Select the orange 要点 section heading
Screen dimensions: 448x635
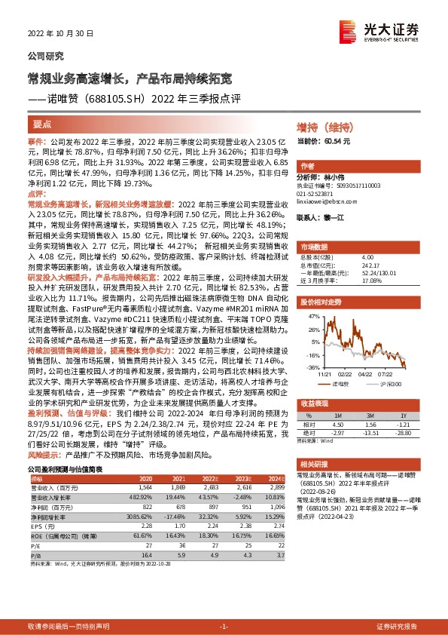pyautogui.click(x=42, y=125)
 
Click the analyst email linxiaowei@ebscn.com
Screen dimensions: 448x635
pyautogui.click(x=327, y=201)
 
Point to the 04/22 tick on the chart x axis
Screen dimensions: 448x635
pyautogui.click(x=366, y=373)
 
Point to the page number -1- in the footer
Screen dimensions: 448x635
pyautogui.click(x=224, y=626)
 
